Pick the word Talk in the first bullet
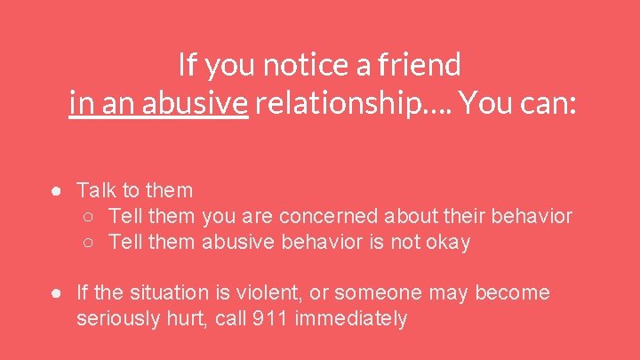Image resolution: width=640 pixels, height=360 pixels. [x=95, y=189]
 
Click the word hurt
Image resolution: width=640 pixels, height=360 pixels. [x=176, y=318]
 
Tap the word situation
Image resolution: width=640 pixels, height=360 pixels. [x=161, y=292]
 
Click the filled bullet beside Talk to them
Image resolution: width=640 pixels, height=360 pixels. [x=56, y=190]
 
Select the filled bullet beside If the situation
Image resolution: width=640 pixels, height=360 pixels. [x=56, y=293]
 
